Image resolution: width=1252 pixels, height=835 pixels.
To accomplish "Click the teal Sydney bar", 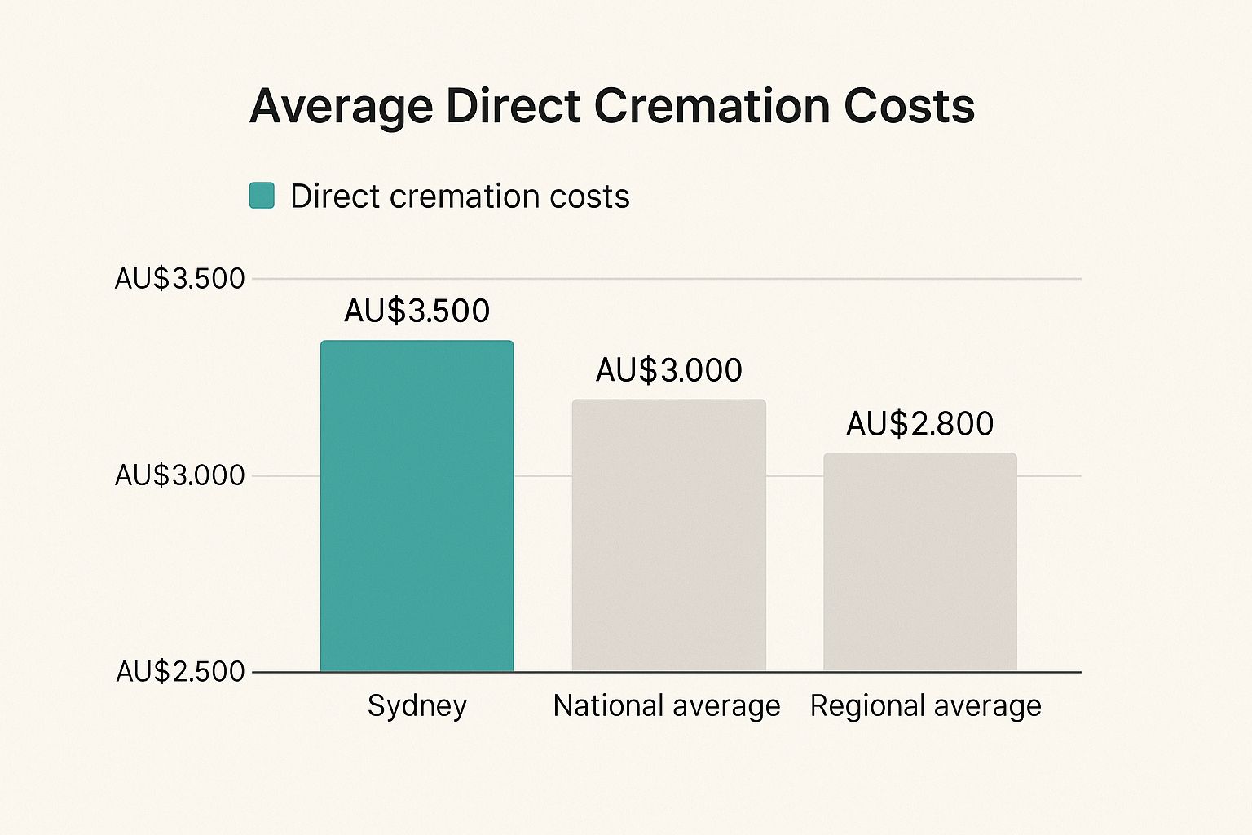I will (417, 506).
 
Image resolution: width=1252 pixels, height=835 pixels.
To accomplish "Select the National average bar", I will (668, 535).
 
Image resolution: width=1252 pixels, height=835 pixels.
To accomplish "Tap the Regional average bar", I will (919, 562).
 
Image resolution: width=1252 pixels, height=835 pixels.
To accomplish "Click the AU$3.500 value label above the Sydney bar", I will (417, 311).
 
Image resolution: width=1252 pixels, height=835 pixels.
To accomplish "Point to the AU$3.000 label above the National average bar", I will (668, 370).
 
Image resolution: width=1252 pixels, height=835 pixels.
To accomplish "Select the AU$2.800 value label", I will (919, 424).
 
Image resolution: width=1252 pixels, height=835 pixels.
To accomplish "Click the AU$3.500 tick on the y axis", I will (179, 279).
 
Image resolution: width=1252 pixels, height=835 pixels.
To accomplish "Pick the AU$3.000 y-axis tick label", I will (179, 475).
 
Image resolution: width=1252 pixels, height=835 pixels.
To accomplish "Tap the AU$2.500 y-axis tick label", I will (179, 672).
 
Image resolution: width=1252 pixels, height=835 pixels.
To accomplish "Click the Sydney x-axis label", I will (417, 706).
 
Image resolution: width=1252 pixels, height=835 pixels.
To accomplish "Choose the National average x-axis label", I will (666, 706).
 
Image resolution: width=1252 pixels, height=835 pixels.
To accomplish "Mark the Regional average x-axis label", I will (925, 706).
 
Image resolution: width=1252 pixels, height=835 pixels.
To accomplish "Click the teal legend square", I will (262, 196).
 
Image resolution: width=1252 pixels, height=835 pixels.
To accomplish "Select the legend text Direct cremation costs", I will (460, 197).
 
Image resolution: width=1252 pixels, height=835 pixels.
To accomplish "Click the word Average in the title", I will (341, 107).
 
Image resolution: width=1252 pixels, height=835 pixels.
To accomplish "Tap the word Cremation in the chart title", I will (712, 106).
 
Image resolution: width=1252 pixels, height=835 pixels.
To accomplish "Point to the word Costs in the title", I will (909, 106).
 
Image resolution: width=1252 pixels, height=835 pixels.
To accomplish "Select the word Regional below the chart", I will (866, 706).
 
